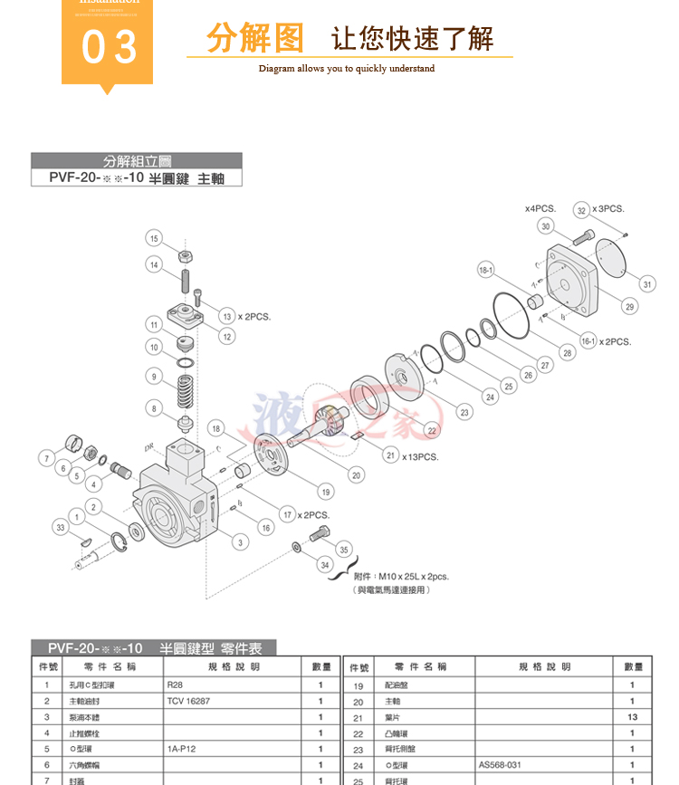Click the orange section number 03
coord(109,47)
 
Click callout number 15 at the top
coord(155,238)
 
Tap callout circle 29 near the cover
coord(629,306)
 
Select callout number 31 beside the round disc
coord(646,283)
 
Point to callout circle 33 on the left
coord(61,528)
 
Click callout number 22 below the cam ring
coord(432,430)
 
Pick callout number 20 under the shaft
coord(357,474)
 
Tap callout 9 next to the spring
coord(155,377)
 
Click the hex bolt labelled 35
coord(320,534)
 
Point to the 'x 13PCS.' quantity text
coord(420,456)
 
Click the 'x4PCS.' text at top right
coord(540,208)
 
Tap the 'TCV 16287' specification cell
coord(188,701)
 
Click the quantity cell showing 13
coord(632,717)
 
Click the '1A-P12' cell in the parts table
coord(182,749)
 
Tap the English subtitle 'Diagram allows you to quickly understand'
coord(347,69)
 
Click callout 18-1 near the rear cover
coord(486,269)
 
